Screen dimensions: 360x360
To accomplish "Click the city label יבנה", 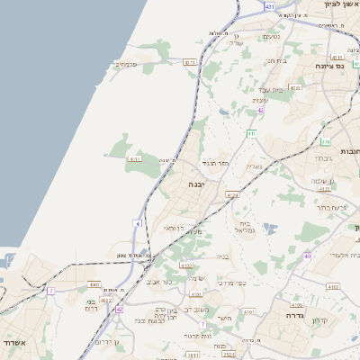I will pos(195,184).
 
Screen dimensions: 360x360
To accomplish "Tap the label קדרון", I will pos(319,321).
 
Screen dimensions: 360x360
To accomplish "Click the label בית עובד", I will pos(283,90).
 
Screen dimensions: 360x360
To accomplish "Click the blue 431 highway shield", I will pos(270,6).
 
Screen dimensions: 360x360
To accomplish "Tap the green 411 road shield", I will pos(252,133).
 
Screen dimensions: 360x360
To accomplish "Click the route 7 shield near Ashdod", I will pos(51,291).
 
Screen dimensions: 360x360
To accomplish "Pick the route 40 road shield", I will pos(307,256).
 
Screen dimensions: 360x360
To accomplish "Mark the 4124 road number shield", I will pos(233,193).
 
